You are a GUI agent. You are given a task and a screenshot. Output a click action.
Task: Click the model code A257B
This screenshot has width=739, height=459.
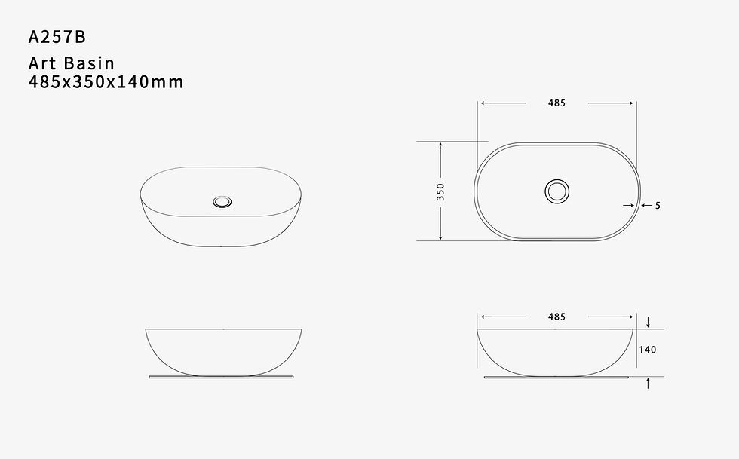point(60,36)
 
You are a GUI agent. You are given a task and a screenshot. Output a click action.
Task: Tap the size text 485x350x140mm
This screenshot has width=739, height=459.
point(106,81)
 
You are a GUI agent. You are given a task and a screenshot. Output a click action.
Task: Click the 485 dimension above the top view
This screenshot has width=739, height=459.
point(557,103)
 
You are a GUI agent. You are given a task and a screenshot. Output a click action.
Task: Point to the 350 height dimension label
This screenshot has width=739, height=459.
point(440,191)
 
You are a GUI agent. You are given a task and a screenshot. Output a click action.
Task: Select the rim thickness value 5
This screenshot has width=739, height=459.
point(658,205)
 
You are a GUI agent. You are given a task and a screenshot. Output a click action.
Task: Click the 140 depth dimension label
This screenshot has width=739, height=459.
point(648,350)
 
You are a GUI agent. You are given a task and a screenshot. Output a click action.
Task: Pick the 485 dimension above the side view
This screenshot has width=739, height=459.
point(557,317)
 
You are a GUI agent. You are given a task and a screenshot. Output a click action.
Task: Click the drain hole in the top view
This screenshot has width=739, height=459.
point(557,191)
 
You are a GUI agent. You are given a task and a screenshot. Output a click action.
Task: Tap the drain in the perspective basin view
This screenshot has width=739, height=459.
point(222,201)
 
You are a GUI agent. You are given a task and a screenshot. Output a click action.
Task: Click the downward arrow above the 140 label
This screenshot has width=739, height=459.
point(649,322)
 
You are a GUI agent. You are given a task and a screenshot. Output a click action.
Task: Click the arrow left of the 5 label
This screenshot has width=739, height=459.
point(627,205)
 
